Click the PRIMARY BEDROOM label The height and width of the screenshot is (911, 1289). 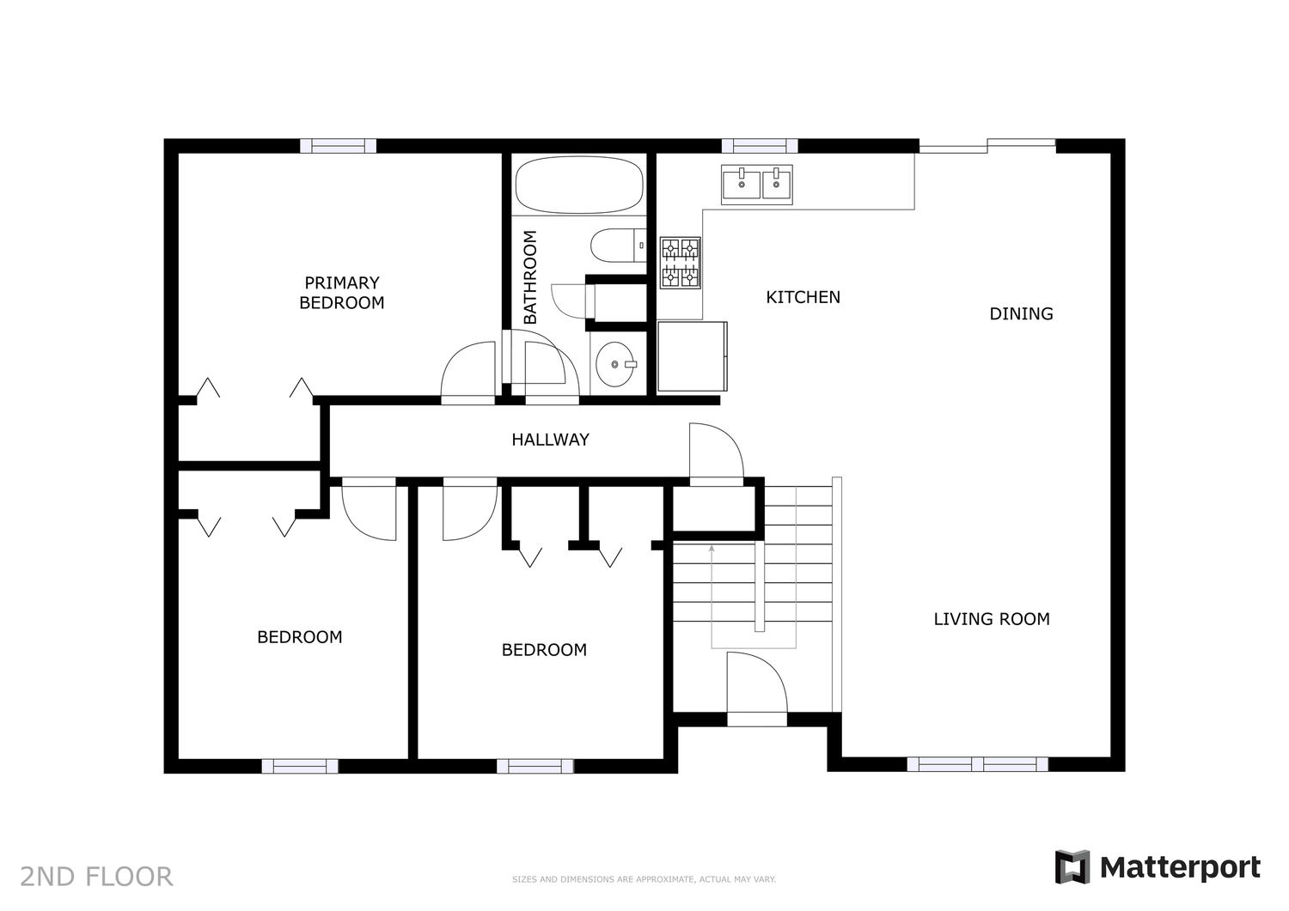[x=342, y=293]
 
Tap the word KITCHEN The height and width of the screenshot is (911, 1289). [x=803, y=297]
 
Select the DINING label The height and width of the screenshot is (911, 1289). [x=1021, y=314]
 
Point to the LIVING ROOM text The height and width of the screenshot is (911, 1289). [x=992, y=619]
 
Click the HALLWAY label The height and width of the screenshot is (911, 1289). [x=550, y=440]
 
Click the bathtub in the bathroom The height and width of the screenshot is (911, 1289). [x=579, y=185]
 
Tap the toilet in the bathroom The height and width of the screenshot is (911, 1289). [x=619, y=246]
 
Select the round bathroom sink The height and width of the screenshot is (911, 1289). [x=615, y=364]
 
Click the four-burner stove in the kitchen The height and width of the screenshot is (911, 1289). [x=681, y=263]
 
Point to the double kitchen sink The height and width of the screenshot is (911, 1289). [x=757, y=185]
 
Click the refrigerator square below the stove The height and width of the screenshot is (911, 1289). [x=693, y=356]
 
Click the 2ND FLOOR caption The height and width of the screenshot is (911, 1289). [x=96, y=877]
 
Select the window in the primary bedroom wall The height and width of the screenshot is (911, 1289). [x=339, y=146]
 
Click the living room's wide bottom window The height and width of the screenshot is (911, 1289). [x=977, y=764]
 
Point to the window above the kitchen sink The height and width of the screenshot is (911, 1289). [x=760, y=146]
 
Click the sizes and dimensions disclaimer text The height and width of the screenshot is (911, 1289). [x=644, y=879]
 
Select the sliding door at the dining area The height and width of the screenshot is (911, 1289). [x=987, y=146]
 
